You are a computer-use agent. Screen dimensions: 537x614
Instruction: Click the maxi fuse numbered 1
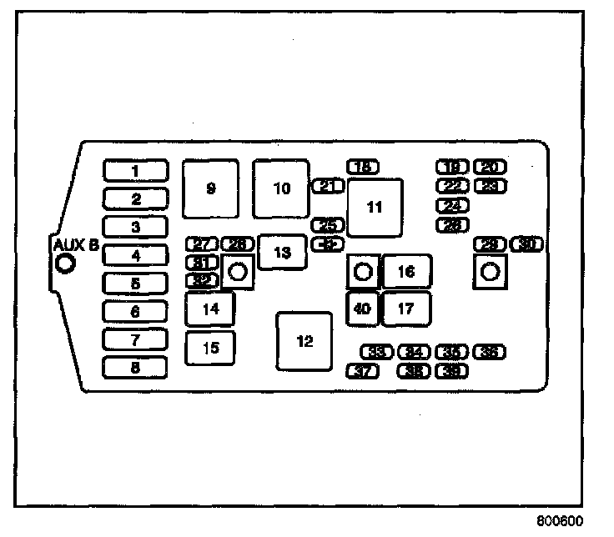[135, 171]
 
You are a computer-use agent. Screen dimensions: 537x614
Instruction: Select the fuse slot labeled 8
[135, 368]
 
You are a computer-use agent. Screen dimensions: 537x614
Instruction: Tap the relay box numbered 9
[210, 188]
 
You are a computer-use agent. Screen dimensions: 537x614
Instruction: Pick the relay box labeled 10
[281, 188]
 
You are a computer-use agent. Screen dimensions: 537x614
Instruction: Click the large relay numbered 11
[375, 208]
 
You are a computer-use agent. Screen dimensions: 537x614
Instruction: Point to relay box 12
[304, 341]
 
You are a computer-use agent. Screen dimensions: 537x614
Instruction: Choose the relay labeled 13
[282, 252]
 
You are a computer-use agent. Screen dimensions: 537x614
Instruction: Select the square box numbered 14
[210, 309]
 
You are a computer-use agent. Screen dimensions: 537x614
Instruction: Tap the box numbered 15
[210, 348]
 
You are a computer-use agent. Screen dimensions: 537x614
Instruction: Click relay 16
[406, 272]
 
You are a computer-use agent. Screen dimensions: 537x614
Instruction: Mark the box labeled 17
[406, 309]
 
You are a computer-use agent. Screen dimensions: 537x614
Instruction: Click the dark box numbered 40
[362, 309]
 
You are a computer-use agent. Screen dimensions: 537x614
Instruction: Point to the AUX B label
[76, 245]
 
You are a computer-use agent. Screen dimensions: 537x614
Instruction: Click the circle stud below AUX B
[64, 265]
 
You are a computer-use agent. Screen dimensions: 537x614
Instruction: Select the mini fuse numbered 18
[362, 167]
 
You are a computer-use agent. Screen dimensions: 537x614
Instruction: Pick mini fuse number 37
[362, 371]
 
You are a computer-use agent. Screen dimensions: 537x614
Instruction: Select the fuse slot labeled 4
[135, 256]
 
